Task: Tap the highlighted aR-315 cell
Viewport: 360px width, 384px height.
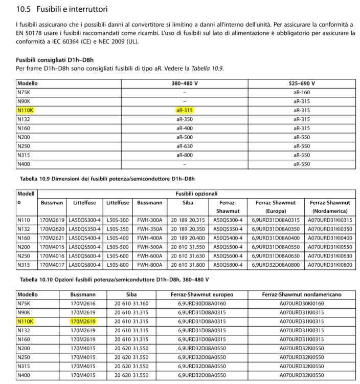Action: click(x=184, y=110)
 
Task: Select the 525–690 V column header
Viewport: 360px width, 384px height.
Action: click(x=302, y=83)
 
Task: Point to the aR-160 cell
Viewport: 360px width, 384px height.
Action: click(x=302, y=92)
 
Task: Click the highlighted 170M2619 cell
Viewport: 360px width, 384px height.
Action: click(x=83, y=322)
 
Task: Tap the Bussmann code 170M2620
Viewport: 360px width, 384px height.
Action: click(x=52, y=229)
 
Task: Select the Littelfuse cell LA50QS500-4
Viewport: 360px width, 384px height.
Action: click(x=84, y=246)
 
